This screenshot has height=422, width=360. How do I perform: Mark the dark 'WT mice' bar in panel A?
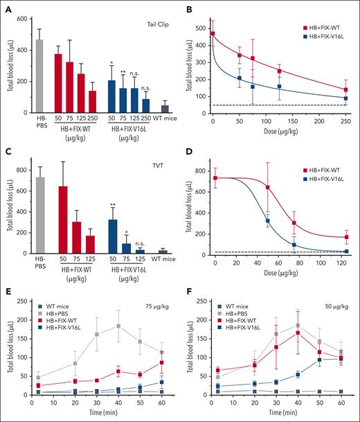pyautogui.click(x=164, y=108)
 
